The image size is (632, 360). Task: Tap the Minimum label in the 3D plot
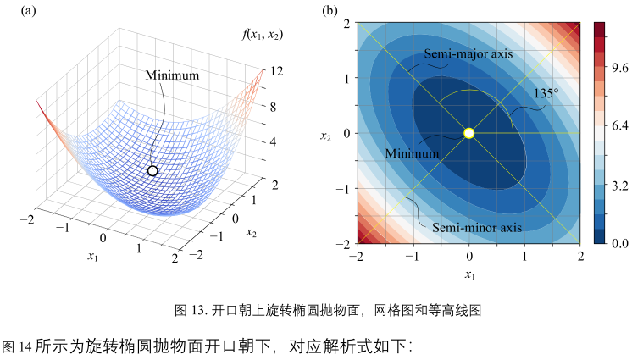[172, 75]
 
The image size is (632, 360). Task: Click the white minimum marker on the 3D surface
[152, 171]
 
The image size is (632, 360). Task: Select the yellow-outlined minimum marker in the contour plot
[469, 133]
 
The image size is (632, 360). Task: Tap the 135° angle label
[546, 92]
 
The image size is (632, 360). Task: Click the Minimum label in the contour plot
[413, 153]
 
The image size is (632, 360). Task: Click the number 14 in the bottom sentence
[23, 346]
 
